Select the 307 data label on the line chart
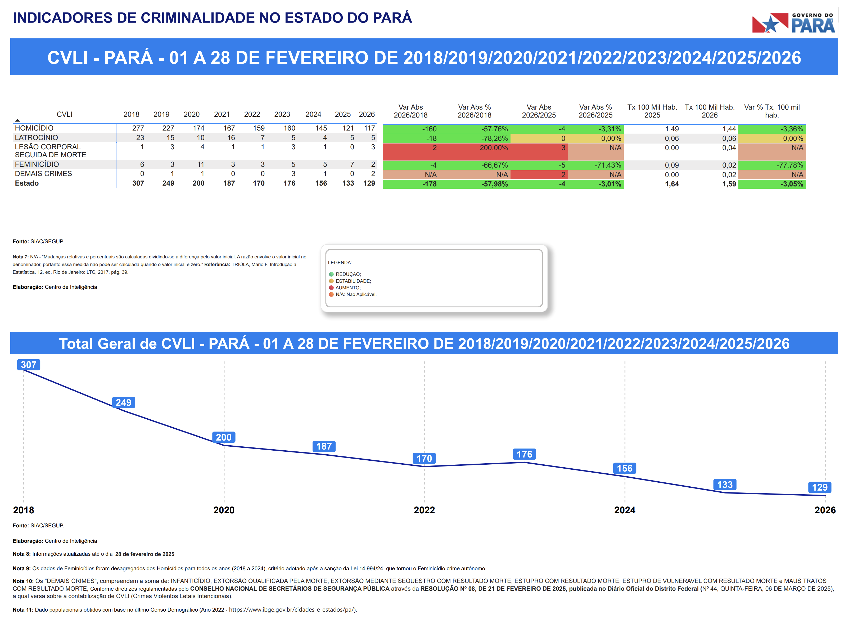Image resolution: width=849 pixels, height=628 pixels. (29, 365)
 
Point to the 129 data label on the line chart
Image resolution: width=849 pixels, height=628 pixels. (819, 487)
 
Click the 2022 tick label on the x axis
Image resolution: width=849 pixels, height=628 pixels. (424, 510)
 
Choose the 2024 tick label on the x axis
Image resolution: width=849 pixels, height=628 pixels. (624, 510)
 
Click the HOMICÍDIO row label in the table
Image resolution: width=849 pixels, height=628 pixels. (34, 128)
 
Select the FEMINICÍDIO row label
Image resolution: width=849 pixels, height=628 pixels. (37, 164)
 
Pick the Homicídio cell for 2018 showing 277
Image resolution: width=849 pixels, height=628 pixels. (138, 128)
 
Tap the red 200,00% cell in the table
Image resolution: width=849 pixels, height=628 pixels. (493, 148)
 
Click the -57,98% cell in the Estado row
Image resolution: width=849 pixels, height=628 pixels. (494, 184)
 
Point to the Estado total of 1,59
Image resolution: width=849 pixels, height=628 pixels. (729, 184)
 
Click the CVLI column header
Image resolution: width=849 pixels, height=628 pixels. (64, 114)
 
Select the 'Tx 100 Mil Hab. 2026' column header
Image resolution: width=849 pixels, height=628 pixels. (709, 111)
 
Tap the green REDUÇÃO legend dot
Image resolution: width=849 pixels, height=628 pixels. (331, 274)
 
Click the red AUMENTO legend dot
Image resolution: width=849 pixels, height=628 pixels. (331, 288)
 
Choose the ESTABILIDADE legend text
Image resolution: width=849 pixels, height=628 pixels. (353, 281)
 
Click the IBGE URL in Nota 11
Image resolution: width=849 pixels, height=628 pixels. (293, 610)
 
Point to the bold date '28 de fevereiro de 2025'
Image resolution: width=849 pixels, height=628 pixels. (145, 554)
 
